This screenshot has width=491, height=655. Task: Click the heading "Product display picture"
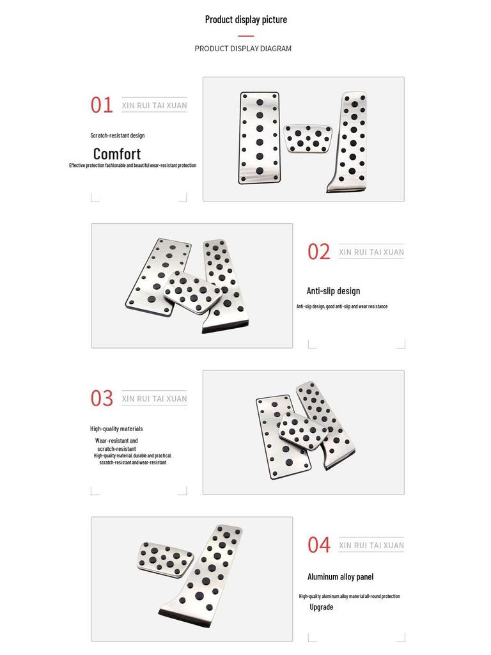click(x=246, y=19)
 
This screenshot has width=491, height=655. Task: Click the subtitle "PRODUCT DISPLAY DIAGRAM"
click(x=243, y=49)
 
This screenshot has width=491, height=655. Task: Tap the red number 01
click(x=101, y=105)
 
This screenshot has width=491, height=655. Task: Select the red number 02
click(x=318, y=252)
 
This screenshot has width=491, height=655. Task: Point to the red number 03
click(x=101, y=399)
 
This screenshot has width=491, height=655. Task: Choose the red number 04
click(x=318, y=545)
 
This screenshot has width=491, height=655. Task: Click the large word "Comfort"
click(x=117, y=154)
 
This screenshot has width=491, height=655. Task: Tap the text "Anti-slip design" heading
click(x=333, y=291)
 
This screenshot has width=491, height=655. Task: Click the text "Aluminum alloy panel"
click(x=340, y=576)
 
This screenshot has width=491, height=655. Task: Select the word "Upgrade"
click(x=322, y=607)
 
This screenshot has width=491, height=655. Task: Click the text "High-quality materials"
click(x=116, y=429)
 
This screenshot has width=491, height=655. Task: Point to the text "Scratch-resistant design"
click(x=117, y=136)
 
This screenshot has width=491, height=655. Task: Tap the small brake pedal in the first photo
click(x=308, y=138)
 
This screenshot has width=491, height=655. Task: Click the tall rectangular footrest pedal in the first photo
click(x=260, y=138)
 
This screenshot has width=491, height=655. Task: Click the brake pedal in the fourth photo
click(x=166, y=558)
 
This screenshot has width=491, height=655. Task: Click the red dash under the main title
click(x=246, y=36)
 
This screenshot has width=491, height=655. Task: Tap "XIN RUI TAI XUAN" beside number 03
click(x=154, y=399)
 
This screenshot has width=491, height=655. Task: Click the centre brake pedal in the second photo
click(x=192, y=292)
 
